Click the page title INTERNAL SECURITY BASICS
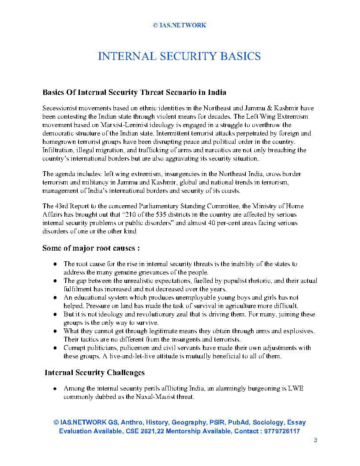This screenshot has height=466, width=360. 179,56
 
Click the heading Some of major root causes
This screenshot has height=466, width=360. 91,248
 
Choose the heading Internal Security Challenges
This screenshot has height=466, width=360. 95,373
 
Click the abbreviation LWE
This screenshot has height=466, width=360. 296,388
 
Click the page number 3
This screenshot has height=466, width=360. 315,440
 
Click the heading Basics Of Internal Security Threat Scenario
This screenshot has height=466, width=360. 134,92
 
